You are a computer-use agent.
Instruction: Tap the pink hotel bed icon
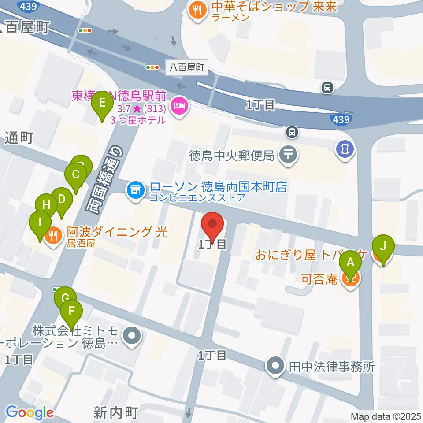[x=179, y=105]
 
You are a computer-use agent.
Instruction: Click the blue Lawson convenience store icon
[x=135, y=190]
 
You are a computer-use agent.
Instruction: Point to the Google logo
[x=30, y=412]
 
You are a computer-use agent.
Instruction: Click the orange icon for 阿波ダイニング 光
[x=54, y=235]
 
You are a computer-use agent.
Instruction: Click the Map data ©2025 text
[x=386, y=416]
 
